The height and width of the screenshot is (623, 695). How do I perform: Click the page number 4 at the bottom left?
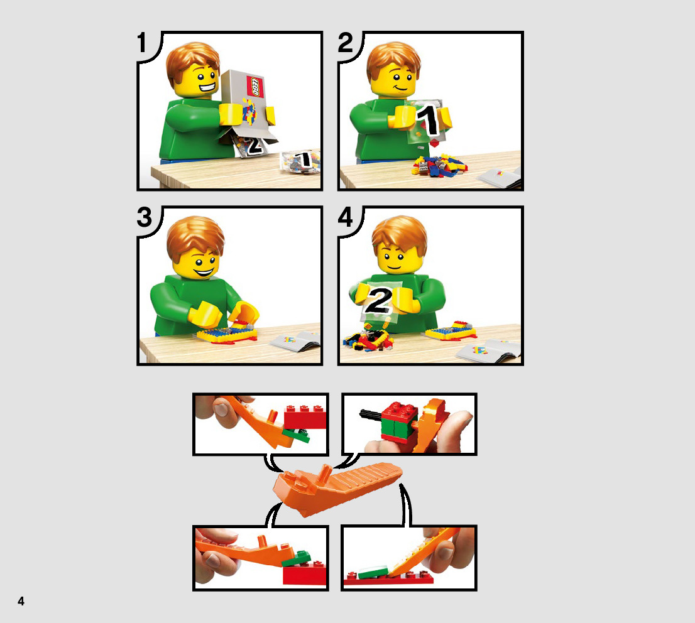pos(21,601)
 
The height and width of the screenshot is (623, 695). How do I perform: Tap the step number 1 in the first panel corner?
pos(142,43)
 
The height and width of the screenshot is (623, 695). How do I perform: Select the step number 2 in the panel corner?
pos(345,43)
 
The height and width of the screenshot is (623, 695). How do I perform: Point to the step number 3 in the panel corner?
pos(145,217)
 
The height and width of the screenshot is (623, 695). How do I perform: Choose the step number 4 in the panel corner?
pos(345,217)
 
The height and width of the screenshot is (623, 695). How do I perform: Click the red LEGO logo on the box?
pos(256,87)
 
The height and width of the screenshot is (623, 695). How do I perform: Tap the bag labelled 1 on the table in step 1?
pos(300,162)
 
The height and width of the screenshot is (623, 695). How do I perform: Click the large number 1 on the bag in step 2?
pos(429,119)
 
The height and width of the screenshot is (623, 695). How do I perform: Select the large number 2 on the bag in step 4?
pos(378,300)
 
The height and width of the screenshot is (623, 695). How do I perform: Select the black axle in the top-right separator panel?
pos(371,415)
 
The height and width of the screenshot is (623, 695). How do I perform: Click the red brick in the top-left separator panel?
pos(305,417)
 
